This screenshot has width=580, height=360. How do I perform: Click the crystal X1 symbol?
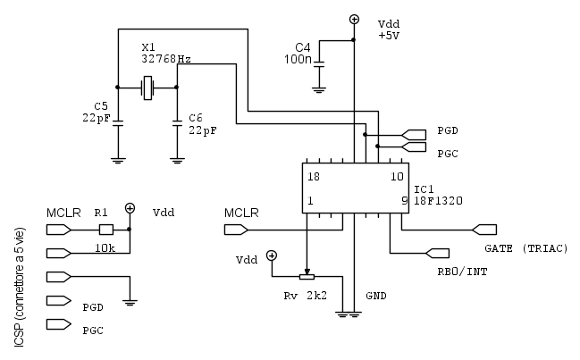(x=147, y=87)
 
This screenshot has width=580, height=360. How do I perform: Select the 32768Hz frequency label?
(x=165, y=58)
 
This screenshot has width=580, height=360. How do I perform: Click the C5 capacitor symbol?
(x=117, y=123)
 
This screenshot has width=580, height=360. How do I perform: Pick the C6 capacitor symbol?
(x=176, y=123)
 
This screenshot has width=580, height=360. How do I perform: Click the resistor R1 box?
(x=105, y=228)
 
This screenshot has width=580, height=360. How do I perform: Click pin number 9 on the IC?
(x=404, y=202)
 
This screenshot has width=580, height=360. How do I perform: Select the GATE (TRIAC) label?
(x=525, y=247)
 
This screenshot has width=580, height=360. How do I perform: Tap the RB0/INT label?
(x=462, y=272)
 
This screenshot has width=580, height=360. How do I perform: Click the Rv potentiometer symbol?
(x=308, y=276)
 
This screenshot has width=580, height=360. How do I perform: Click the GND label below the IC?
(x=376, y=294)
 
